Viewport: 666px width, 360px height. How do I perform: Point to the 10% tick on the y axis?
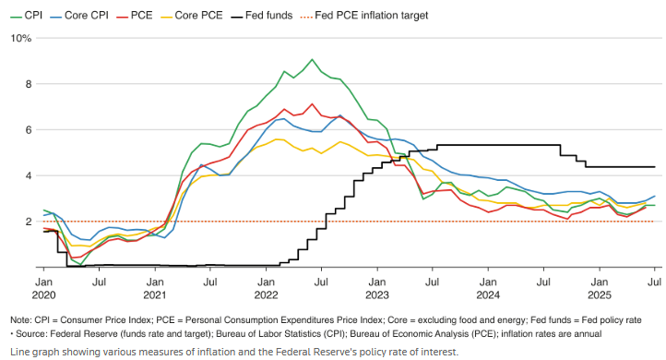20,38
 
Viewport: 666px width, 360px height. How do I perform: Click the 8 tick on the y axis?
28,84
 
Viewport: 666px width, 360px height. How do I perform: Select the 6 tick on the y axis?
28,130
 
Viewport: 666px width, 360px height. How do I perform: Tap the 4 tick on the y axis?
28,175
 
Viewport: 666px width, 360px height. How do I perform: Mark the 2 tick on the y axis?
28,222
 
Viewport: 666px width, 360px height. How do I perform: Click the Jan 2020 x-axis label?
43,286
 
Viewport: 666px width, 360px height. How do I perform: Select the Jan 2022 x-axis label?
267,286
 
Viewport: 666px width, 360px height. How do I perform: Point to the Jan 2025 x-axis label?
599,286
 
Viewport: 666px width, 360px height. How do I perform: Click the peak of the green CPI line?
313,60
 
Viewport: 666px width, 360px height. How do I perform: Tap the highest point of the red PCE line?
313,104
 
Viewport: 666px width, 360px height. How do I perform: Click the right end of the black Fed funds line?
655,167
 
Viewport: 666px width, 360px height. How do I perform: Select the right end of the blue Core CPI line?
655,196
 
